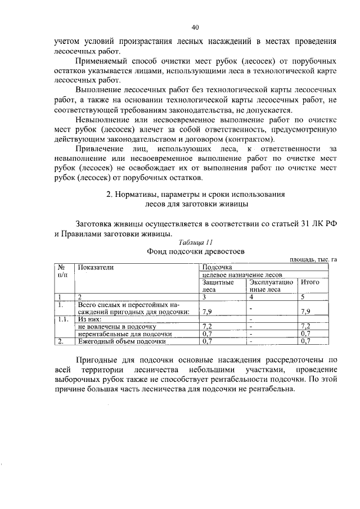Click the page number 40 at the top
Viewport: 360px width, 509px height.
click(x=195, y=27)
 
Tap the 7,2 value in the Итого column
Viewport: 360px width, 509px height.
click(x=306, y=326)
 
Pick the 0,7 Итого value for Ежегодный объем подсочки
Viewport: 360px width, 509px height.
click(x=306, y=341)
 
